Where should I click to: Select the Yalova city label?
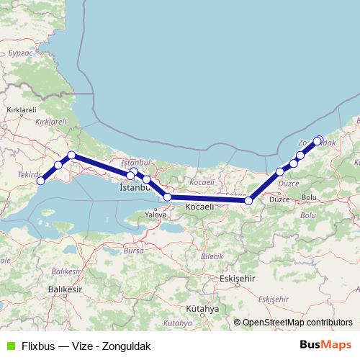click(156, 215)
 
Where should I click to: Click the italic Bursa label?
click(132, 251)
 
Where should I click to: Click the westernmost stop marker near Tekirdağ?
click(41, 181)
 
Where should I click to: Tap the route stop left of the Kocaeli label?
click(167, 197)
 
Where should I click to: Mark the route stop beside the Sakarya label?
click(248, 201)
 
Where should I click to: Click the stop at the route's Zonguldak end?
click(318, 140)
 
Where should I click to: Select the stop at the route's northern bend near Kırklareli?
click(72, 156)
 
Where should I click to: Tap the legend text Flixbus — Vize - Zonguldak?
click(86, 346)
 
